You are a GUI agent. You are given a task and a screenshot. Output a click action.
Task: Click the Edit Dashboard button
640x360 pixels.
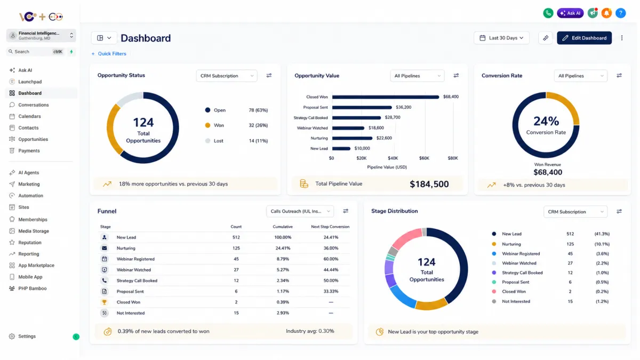point(584,38)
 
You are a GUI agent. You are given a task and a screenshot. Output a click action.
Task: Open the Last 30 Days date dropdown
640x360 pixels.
point(501,38)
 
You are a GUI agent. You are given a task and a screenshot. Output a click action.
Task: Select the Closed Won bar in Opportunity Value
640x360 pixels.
point(386,97)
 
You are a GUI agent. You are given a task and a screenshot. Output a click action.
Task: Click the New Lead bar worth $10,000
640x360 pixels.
point(341,149)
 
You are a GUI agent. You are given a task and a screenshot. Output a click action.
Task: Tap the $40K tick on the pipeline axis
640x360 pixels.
point(393,158)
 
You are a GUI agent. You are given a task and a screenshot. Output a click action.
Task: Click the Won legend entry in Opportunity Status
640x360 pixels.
point(219,125)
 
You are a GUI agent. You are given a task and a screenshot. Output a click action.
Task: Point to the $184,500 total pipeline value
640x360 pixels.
point(429,185)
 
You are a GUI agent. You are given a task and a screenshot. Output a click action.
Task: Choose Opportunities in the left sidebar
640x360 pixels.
point(33,139)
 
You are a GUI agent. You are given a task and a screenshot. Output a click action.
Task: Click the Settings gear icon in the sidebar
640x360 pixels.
point(12,337)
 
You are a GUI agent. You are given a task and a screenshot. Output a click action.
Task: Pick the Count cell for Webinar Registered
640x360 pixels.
point(236,259)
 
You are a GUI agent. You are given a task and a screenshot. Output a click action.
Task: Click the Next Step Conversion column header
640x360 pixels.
point(330,227)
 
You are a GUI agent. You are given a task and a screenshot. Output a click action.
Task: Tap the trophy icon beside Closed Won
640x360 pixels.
point(105,302)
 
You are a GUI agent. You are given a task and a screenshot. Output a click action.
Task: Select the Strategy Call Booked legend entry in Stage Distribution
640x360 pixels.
point(522,273)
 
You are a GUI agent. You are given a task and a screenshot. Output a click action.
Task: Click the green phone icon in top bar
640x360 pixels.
point(548,13)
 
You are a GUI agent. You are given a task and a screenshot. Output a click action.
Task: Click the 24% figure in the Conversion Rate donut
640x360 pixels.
point(546,121)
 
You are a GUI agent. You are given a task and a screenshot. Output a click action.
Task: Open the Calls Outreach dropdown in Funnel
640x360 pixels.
point(300,211)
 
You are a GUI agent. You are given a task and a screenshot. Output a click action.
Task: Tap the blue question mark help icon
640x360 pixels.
point(621,13)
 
